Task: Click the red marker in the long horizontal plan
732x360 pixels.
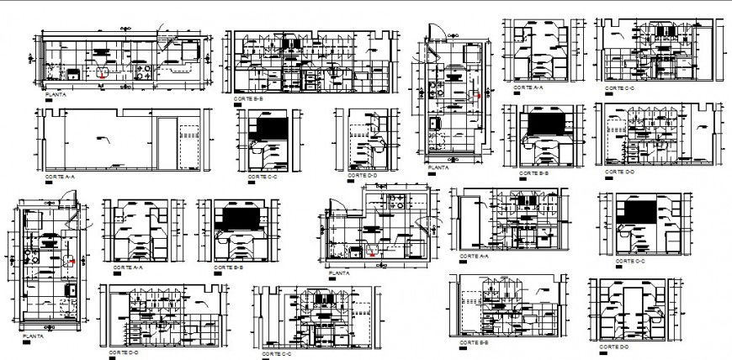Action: pyautogui.click(x=103, y=75)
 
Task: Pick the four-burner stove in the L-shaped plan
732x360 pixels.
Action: pyautogui.click(x=395, y=203)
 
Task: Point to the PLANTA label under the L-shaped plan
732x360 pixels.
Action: pyautogui.click(x=340, y=273)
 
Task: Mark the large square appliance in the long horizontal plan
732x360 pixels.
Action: pyautogui.click(x=186, y=54)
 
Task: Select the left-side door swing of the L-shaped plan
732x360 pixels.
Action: pyautogui.click(x=336, y=206)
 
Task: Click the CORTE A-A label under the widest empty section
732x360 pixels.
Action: pyautogui.click(x=59, y=177)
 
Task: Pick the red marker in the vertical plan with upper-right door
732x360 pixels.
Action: pyautogui.click(x=73, y=262)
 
